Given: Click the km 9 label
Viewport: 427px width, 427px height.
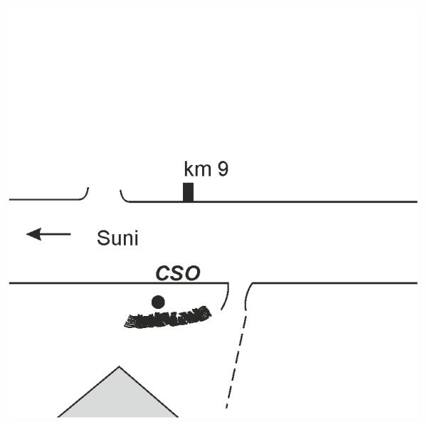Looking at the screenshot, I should pyautogui.click(x=206, y=169).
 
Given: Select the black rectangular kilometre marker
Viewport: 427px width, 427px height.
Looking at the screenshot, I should pyautogui.click(x=188, y=192).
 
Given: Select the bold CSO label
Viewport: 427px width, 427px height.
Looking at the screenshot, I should pyautogui.click(x=179, y=273).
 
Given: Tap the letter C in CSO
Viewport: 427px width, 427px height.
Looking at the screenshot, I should pyautogui.click(x=162, y=273).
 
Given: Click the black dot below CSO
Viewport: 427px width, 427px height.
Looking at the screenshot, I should pyautogui.click(x=158, y=302).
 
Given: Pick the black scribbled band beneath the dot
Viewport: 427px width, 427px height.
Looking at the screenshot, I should pyautogui.click(x=167, y=318).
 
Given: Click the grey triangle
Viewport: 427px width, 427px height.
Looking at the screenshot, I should pyautogui.click(x=118, y=399).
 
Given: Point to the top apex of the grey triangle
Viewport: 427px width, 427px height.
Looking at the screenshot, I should pyautogui.click(x=119, y=368).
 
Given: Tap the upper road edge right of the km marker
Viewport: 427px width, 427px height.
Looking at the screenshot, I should pyautogui.click(x=306, y=201).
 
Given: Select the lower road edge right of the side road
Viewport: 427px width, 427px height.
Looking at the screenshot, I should pyautogui.click(x=334, y=283).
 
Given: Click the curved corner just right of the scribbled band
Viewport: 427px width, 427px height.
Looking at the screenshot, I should pyautogui.click(x=226, y=297).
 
